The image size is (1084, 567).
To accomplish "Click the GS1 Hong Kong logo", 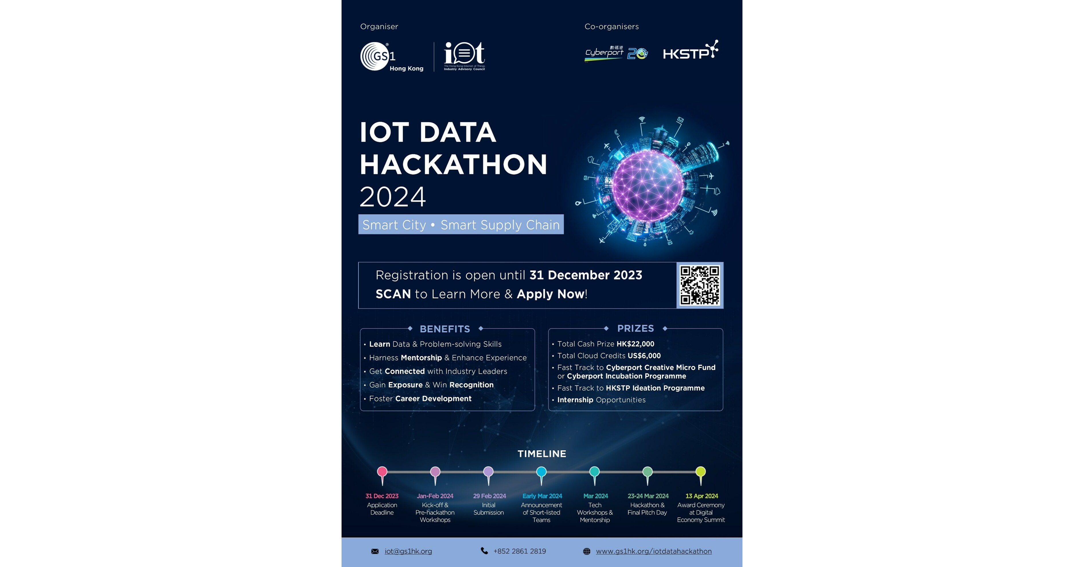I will [x=391, y=56].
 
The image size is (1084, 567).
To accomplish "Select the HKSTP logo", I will [x=690, y=51].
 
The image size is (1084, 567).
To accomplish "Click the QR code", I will [x=700, y=285].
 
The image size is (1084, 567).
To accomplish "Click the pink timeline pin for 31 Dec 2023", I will [x=382, y=473].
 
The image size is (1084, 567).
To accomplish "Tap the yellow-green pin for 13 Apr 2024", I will [x=701, y=473].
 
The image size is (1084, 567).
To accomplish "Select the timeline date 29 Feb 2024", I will [x=489, y=496].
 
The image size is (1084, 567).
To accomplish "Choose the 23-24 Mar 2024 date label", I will [x=648, y=496].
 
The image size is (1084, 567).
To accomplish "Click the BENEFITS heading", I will [x=445, y=329].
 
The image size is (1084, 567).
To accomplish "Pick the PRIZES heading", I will [x=635, y=328].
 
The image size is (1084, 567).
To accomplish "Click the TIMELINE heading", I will [x=542, y=454].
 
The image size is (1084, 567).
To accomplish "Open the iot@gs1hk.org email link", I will [x=408, y=551].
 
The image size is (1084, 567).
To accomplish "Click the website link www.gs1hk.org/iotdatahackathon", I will [x=654, y=551].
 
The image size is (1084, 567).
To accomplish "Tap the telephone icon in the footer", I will [x=484, y=551].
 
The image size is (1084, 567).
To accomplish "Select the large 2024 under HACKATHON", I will [x=392, y=197].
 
